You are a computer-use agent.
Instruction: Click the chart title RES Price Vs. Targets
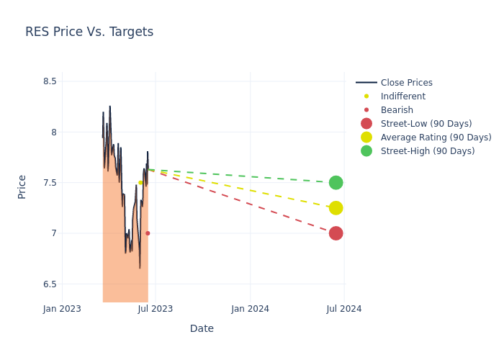tap(89, 32)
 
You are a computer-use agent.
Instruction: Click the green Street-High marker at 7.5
tap(336, 183)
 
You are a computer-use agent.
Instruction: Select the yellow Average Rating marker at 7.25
tap(336, 208)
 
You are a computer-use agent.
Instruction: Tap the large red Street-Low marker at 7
tap(336, 233)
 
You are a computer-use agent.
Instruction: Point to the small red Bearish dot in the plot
tap(148, 233)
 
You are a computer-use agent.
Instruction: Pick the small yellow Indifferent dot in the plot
tap(140, 183)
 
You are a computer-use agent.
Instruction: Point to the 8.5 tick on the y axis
tap(49, 81)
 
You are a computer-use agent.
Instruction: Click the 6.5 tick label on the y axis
tap(49, 284)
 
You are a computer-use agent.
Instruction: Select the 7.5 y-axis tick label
tap(49, 183)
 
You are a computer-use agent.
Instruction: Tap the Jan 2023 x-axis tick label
tap(62, 309)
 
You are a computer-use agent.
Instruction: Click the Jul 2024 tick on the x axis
tap(344, 309)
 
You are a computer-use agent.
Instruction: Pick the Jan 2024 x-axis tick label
tap(250, 309)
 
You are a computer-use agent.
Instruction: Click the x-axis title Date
tap(202, 328)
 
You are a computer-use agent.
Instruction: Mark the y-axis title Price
tap(22, 186)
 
